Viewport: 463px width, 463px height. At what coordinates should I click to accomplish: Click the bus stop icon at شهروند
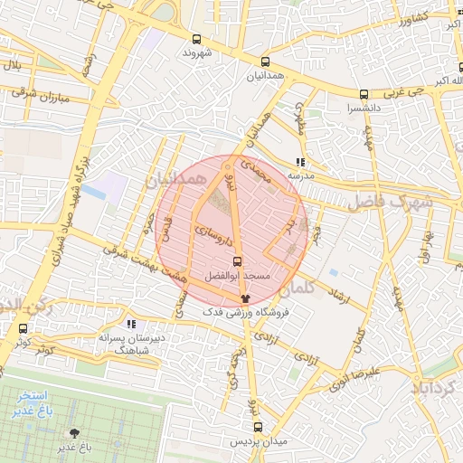coord(197,39)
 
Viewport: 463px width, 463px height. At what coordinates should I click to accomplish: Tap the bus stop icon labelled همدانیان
coord(265,62)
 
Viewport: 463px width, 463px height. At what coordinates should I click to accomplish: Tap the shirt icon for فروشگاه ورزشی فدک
coord(243,298)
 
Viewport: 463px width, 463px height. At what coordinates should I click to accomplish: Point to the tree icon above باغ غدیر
coord(73,433)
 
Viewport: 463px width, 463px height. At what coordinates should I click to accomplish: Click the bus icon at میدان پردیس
coord(258,427)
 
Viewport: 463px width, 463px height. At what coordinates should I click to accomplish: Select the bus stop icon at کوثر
coord(23,329)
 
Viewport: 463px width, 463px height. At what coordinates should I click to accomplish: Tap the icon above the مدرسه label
coord(300,162)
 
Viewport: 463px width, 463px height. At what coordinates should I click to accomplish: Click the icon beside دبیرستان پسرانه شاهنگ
coord(132,323)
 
